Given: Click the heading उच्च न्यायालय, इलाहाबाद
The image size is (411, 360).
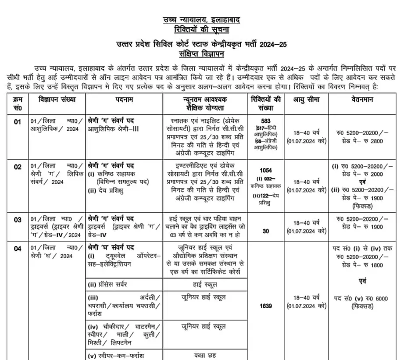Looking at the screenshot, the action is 202,20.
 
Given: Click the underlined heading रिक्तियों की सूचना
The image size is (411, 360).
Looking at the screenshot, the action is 202,30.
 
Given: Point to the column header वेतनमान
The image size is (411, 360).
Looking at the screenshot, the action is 362,100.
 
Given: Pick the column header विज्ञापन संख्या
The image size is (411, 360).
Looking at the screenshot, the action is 57,100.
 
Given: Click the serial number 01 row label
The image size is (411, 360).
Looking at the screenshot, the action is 18,122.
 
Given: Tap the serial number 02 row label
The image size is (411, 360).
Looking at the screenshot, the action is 18,167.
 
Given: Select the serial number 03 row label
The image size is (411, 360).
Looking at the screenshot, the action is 18,219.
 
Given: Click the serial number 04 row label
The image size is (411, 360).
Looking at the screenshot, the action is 18,249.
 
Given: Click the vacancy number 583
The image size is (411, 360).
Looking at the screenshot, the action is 266,121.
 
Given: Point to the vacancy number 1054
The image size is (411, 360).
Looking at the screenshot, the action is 266,170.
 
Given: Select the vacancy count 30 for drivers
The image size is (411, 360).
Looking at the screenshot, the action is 266,231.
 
